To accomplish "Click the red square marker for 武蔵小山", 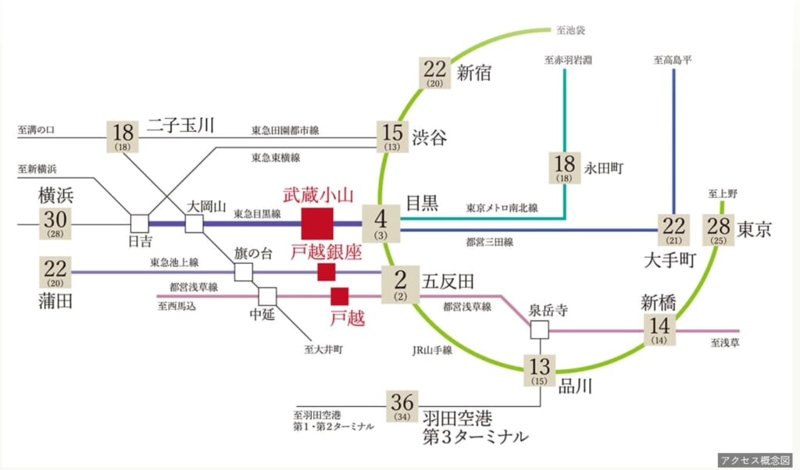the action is [317, 223].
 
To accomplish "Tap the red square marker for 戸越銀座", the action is [327, 272].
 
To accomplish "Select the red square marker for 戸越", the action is [339, 296].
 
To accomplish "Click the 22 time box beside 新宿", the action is [434, 73].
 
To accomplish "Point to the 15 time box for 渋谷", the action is [392, 137].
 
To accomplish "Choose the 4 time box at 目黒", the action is [381, 223].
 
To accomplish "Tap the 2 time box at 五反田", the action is [401, 284].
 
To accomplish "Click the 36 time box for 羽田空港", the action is [402, 406].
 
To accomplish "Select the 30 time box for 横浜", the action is [55, 223].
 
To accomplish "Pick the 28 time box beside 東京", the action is [719, 230].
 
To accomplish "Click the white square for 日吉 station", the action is [139, 223].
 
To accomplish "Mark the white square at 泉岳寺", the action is [539, 329].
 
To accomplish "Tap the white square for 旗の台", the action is [244, 272].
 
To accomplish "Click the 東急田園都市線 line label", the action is [285, 130].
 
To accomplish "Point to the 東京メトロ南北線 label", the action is [502, 208].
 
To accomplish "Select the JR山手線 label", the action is [432, 351].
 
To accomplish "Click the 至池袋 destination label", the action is [570, 30].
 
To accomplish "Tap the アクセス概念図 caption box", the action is [755, 460].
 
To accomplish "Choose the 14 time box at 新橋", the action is [659, 329].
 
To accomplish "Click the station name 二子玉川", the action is [180, 126].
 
